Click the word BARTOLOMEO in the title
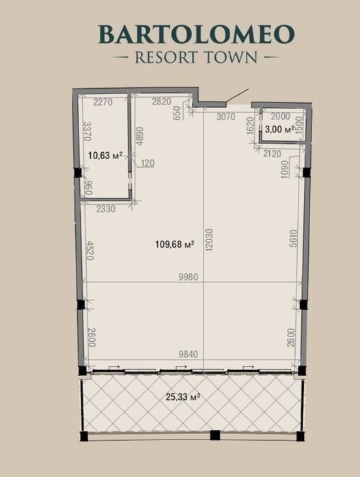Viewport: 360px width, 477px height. [197, 34]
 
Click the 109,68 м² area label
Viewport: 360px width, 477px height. [175, 244]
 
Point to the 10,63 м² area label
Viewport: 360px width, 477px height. [105, 156]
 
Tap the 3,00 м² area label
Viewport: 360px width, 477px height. [279, 129]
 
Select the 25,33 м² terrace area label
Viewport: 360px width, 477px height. [183, 396]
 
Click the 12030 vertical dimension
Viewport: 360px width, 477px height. [210, 240]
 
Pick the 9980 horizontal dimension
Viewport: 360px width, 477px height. [189, 277]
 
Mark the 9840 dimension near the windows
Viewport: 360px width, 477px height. [189, 354]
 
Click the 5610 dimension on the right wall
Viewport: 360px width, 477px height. [293, 239]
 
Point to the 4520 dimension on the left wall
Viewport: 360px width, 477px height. [90, 250]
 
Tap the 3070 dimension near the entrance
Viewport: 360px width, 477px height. [225, 117]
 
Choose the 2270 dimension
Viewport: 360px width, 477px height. [103, 102]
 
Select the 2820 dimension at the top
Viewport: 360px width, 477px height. [161, 102]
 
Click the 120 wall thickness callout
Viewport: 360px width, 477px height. [148, 163]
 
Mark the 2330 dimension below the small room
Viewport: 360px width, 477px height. [106, 209]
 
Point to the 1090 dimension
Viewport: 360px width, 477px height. [284, 170]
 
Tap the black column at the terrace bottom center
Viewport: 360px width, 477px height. [215, 435]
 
